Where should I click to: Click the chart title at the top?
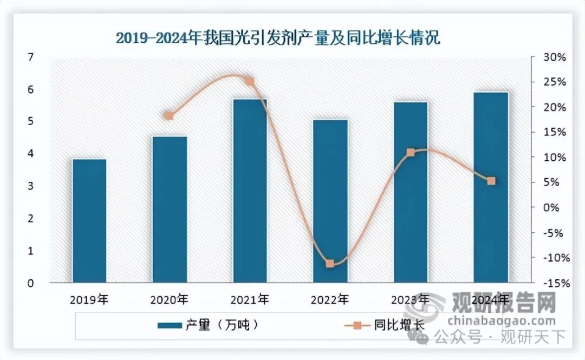coord(278,38)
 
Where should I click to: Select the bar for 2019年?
coord(89,220)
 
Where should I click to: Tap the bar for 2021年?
coord(250,191)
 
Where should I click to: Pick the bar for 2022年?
coord(330,201)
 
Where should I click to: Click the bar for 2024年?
coord(491,187)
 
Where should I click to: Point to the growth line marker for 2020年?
coord(169,116)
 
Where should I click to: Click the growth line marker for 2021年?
coord(250,81)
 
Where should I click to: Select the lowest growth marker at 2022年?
coord(330,264)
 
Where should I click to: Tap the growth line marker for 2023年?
coord(411,153)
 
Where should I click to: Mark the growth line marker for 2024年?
coord(491,181)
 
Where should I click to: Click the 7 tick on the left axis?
coord(30,57)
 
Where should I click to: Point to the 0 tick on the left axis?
coord(30,283)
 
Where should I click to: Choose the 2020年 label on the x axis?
coord(170,299)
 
